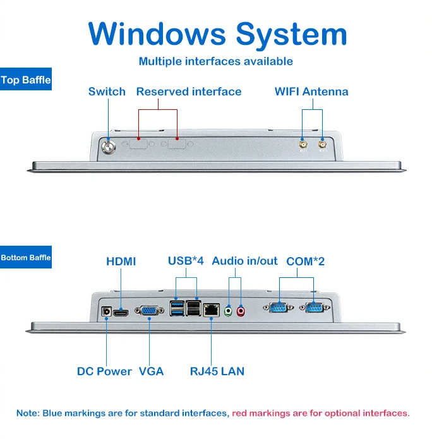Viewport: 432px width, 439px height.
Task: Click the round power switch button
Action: [109, 147]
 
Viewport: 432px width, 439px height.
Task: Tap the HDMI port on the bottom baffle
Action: [121, 313]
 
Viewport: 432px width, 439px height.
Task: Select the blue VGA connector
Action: [149, 311]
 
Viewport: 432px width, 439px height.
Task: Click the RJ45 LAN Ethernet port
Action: [211, 310]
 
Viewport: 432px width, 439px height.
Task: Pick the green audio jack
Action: [229, 311]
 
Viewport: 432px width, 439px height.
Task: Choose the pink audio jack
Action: [241, 311]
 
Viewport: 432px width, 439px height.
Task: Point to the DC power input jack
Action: [106, 311]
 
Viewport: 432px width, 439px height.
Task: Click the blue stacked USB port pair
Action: [177, 308]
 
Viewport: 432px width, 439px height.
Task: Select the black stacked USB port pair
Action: [193, 308]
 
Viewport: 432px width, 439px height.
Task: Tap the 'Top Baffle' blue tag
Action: [26, 79]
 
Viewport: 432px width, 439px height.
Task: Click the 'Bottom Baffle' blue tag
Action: [26, 257]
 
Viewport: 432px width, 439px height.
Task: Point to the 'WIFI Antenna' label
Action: [311, 92]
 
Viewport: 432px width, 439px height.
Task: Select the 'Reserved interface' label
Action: [189, 92]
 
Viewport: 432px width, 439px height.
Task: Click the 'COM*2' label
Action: [306, 262]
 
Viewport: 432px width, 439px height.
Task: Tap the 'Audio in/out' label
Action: [244, 261]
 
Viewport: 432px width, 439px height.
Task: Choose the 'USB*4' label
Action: [186, 261]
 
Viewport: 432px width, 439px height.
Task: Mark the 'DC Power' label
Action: [104, 371]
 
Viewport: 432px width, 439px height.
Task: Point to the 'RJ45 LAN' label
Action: [217, 371]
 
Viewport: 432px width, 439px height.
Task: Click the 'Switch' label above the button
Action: [107, 92]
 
